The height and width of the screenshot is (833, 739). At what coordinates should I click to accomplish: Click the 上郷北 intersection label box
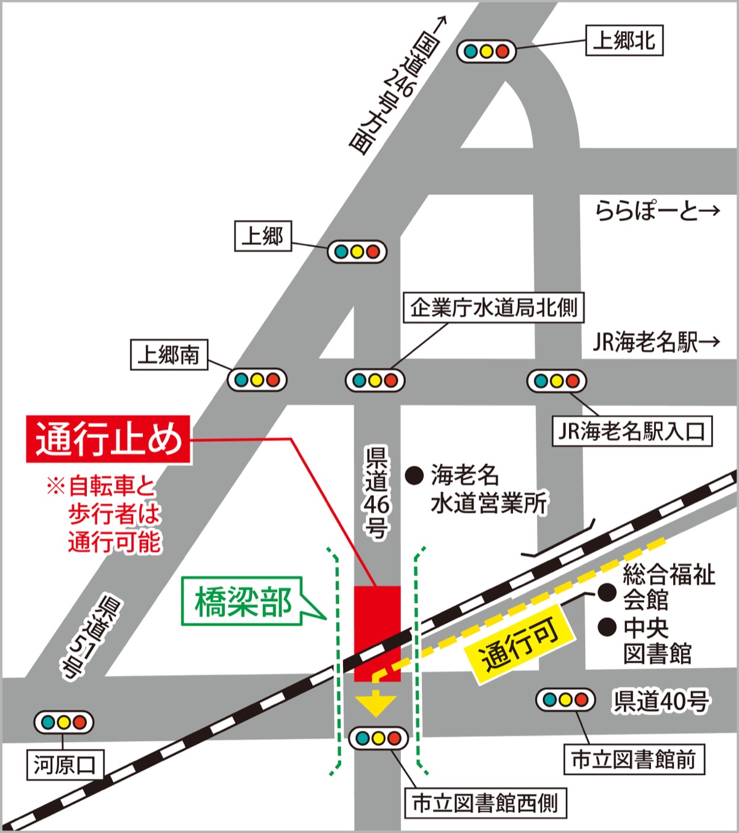[x=624, y=41]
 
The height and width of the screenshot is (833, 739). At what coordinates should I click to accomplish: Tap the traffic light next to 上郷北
[x=486, y=51]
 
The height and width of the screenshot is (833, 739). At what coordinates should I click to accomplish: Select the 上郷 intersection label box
[x=263, y=236]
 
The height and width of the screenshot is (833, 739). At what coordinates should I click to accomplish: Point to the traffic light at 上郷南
[x=257, y=380]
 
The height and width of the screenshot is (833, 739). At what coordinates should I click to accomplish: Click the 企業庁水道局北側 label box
[x=494, y=307]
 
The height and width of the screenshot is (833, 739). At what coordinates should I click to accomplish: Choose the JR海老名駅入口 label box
[x=632, y=431]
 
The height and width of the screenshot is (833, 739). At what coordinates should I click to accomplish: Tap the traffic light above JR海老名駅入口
[x=556, y=381]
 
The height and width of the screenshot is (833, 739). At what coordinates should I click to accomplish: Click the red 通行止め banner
[x=108, y=439]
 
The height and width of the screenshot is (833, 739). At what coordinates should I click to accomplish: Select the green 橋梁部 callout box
[x=243, y=601]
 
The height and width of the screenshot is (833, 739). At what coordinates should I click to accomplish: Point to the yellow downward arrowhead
[x=376, y=704]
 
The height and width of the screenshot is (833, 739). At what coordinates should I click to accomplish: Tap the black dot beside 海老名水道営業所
[x=414, y=475]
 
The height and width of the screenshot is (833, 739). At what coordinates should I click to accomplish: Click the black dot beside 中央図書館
[x=608, y=627]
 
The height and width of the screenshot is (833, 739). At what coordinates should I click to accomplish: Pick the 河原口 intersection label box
[x=65, y=765]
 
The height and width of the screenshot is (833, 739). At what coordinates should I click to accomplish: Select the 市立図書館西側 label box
[x=485, y=803]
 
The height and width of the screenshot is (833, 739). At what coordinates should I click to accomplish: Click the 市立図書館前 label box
[x=634, y=759]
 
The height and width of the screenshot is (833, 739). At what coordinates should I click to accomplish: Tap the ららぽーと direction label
[x=656, y=211]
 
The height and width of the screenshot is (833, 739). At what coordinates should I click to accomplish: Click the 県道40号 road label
[x=660, y=701]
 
